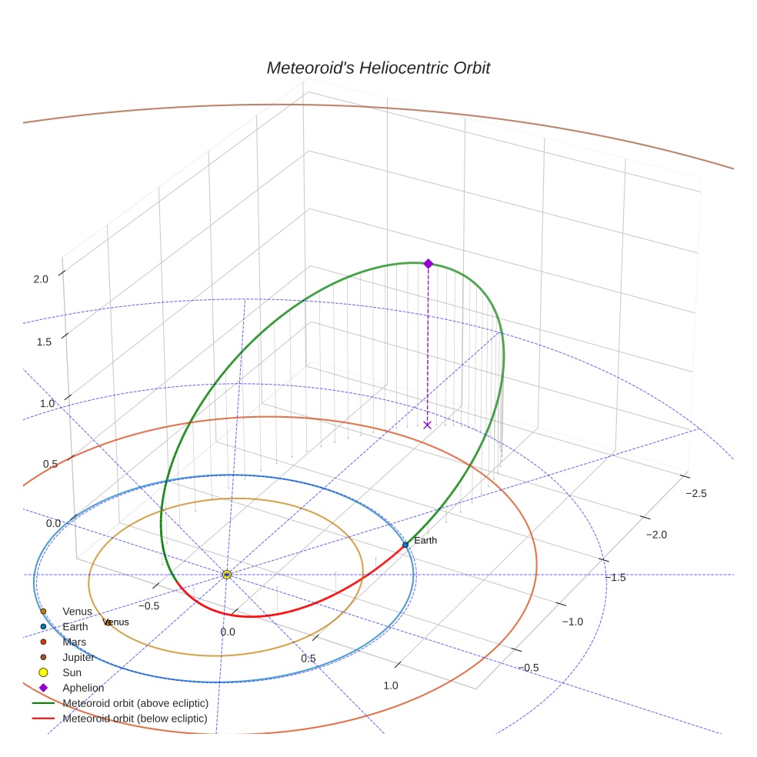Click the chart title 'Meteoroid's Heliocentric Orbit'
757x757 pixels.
[x=378, y=68]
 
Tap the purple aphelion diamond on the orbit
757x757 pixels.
[x=429, y=263]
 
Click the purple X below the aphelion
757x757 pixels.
[x=428, y=425]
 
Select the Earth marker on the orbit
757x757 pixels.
[x=405, y=545]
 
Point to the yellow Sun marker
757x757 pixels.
[x=226, y=575]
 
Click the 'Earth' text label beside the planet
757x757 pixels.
[x=425, y=540]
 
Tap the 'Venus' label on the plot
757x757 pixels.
[x=116, y=622]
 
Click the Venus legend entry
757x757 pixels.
[x=77, y=612]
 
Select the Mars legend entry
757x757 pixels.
[x=74, y=642]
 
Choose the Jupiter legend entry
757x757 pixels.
[x=78, y=657]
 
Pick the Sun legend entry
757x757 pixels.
[x=71, y=672]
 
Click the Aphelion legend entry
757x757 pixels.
[x=83, y=688]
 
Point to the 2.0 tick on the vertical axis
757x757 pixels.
[x=41, y=279]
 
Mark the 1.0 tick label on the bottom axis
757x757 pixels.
[x=391, y=685]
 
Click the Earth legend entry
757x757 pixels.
[x=75, y=627]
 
